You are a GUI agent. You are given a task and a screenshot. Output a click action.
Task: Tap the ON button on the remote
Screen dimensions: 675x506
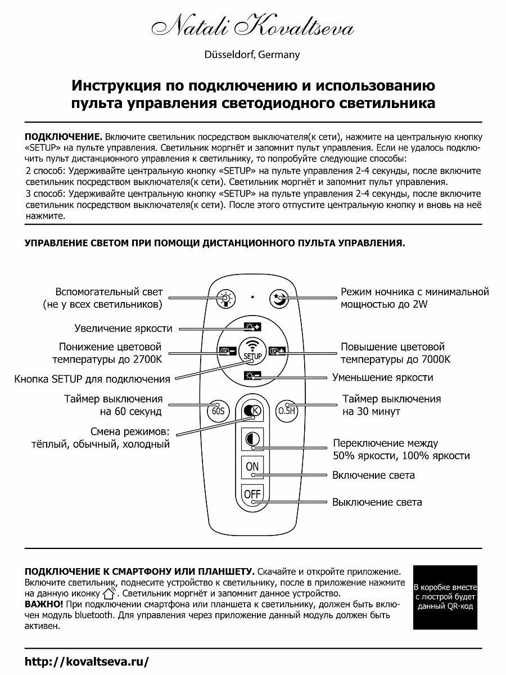252,466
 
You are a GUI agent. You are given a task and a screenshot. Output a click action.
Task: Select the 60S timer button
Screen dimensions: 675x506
218,411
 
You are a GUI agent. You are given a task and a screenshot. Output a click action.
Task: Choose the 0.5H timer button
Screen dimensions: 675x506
286,411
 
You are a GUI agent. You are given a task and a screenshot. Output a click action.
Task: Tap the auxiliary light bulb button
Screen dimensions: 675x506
225,298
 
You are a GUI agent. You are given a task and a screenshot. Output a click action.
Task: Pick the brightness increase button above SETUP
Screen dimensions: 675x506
252,326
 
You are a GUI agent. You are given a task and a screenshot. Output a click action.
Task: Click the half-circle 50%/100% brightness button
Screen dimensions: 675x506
252,439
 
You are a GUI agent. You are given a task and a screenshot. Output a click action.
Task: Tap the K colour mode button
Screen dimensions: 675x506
252,411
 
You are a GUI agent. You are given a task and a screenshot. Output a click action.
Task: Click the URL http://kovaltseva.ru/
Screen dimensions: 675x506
87,662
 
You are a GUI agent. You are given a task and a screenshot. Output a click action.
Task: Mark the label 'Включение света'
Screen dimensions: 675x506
373,475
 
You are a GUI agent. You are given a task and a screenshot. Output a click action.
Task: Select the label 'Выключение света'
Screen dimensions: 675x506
377,502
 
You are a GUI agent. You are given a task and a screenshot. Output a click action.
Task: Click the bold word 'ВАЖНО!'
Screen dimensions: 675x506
44,604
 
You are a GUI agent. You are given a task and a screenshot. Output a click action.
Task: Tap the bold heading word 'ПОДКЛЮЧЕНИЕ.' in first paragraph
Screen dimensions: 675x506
64,137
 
